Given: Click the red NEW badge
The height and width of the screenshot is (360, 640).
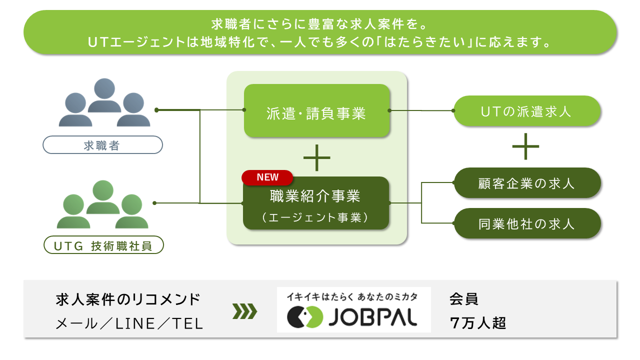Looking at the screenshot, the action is [267, 177].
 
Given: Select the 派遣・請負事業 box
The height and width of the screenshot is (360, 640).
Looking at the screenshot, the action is [317, 110].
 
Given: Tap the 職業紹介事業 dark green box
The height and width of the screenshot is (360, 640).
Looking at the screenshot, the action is [316, 203].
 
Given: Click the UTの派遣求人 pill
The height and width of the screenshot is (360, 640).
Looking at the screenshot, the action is [527, 111].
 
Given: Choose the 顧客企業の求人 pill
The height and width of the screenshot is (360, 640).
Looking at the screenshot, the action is [527, 183].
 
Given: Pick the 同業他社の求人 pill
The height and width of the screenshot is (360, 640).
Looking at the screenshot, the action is [527, 223].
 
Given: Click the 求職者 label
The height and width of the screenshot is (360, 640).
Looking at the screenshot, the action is [103, 145].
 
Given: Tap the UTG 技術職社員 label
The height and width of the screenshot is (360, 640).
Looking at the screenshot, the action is [103, 245].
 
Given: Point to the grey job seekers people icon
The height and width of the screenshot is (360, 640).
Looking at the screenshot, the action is [104, 102].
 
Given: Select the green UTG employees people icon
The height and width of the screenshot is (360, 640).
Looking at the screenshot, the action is [103, 204].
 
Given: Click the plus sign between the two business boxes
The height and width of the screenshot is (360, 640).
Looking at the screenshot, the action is [317, 157].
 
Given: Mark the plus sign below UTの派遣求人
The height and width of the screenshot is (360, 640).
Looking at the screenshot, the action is [525, 146].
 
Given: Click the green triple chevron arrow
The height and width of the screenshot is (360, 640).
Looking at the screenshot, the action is [245, 311].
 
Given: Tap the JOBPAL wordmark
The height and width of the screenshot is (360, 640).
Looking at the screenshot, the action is [373, 317].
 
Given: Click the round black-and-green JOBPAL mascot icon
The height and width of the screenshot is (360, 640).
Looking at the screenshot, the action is [305, 317].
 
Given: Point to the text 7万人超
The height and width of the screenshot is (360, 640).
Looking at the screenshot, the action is [478, 323].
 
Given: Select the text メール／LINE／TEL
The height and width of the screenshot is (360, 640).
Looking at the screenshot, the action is [129, 323].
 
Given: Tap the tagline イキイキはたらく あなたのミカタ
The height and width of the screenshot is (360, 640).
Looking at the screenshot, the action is [352, 297].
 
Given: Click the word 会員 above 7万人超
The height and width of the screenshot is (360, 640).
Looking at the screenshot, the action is [463, 299].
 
